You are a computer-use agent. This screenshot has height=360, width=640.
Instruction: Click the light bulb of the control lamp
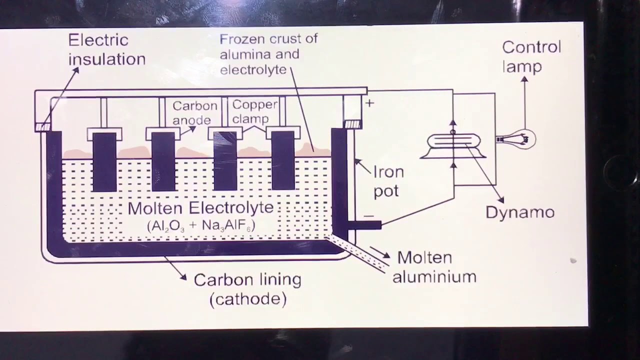tap(523, 139)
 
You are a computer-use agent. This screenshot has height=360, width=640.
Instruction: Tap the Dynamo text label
tap(520, 212)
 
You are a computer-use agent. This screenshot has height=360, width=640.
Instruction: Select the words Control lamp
tap(531, 56)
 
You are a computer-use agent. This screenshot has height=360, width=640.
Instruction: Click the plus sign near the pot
tap(369, 103)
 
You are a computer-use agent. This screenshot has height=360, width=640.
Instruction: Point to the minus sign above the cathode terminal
tap(368, 216)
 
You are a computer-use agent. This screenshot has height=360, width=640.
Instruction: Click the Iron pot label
tap(388, 181)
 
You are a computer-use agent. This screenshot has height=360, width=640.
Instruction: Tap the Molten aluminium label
tap(433, 267)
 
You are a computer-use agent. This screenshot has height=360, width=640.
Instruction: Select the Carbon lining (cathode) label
tap(247, 289)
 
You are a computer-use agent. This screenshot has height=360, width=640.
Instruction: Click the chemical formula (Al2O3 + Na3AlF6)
tap(201, 225)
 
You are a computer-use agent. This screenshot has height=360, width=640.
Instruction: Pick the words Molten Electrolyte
tap(200, 208)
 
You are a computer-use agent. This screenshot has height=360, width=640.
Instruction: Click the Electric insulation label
tap(106, 49)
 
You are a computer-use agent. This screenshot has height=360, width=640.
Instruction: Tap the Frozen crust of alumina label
tap(268, 54)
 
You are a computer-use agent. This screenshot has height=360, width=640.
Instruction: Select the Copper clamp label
tap(254, 111)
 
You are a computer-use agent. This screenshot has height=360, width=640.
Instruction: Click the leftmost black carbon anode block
tap(104, 161)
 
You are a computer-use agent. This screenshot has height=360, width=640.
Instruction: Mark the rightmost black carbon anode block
tap(283, 160)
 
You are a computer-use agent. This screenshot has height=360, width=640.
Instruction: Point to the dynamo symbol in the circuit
tap(453, 145)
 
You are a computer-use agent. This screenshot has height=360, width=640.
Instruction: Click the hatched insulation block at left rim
tap(43, 127)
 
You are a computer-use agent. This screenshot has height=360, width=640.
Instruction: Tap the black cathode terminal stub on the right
tap(364, 225)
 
